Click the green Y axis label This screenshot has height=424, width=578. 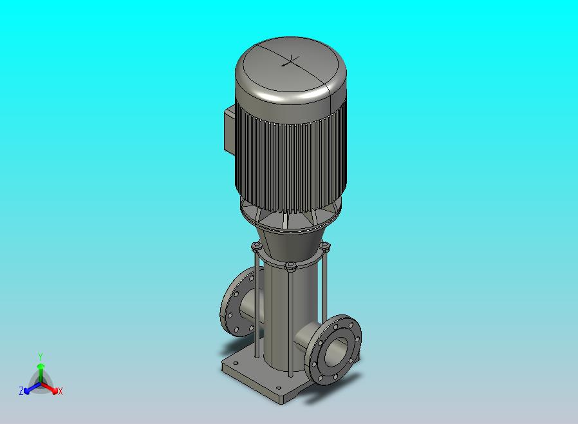coord(41,356)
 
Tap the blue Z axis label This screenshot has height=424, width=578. coord(21,390)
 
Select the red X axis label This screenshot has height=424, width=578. coord(61,391)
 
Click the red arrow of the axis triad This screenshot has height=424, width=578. coord(50,387)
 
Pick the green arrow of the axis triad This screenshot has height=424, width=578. coord(41,373)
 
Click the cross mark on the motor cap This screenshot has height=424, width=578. coord(291,61)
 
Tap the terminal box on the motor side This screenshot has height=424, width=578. coord(229,128)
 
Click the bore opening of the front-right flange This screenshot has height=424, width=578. coord(336,352)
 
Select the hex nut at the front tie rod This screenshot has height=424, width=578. coord(290,266)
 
